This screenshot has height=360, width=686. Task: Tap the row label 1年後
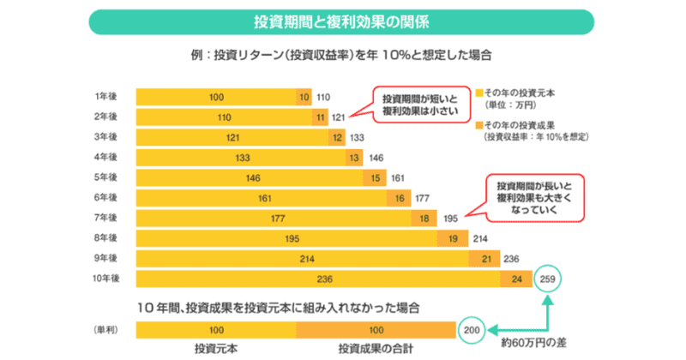[107, 97]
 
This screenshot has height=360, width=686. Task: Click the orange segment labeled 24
[516, 279]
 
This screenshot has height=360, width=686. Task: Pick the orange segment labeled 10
[304, 97]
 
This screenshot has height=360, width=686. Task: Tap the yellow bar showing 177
[276, 218]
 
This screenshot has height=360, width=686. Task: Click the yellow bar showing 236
[324, 279]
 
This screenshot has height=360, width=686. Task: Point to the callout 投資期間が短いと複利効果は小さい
[412, 105]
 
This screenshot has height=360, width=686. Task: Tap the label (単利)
[105, 328]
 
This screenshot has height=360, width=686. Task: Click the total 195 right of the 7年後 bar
[449, 218]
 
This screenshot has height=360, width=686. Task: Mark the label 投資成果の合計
[376, 350]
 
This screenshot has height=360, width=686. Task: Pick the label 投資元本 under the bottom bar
[216, 350]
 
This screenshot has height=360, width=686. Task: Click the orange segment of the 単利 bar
[376, 328]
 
